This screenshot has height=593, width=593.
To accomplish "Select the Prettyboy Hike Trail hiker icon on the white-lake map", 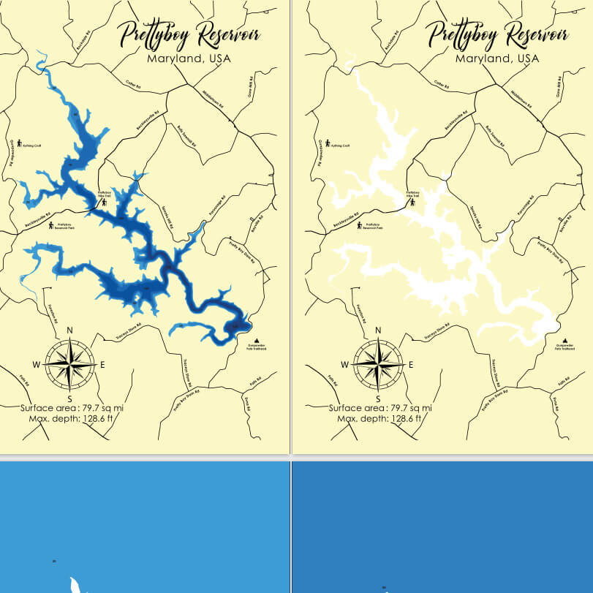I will tap(412, 203).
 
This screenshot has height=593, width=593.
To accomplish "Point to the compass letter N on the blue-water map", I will tap(69, 331).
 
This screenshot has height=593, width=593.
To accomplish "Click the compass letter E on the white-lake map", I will tap(411, 364).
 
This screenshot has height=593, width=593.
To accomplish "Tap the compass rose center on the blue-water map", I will tap(69, 364).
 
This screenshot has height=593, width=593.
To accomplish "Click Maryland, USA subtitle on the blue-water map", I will tap(188, 58).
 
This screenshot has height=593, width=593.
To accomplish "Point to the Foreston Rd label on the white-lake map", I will tap(359, 315).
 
